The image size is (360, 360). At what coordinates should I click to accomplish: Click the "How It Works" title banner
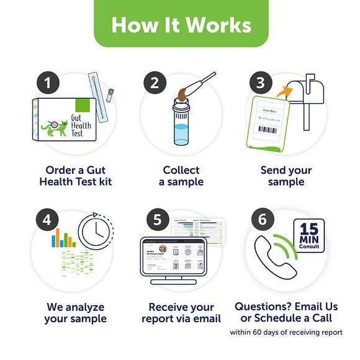click(180, 24)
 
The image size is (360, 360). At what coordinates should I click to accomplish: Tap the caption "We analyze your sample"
click(75, 313)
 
